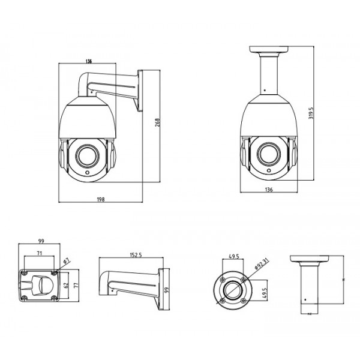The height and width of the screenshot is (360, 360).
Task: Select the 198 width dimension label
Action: pyautogui.click(x=100, y=199)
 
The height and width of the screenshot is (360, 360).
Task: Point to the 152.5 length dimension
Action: pyautogui.click(x=135, y=256)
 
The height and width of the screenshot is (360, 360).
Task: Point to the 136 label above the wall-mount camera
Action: pyautogui.click(x=88, y=61)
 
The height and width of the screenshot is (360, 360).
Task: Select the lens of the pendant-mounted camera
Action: pyautogui.click(x=268, y=154)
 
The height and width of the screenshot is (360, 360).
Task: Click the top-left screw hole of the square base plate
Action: pyautogui.click(x=25, y=274)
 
